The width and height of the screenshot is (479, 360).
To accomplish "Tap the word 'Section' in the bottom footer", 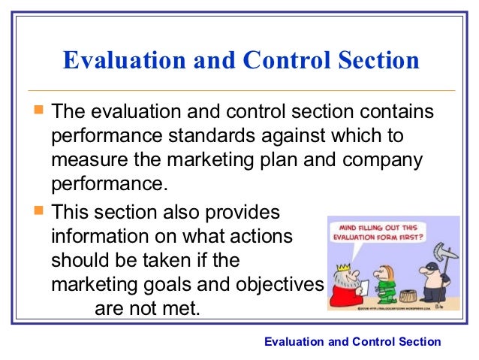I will coord(417,342).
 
